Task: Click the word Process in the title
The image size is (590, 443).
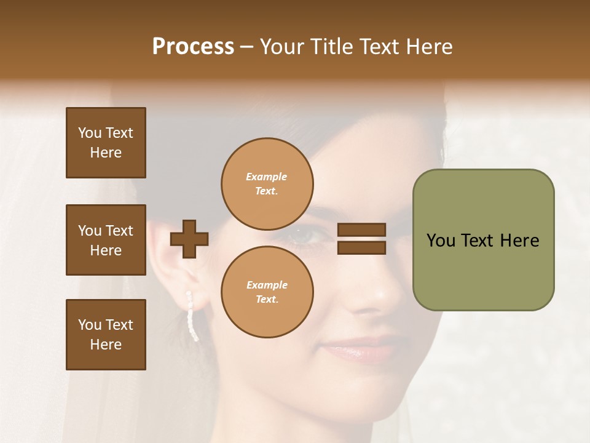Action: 193,46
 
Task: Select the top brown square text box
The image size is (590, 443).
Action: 106,143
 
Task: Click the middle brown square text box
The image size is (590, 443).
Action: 106,240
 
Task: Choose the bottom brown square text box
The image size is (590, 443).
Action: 106,334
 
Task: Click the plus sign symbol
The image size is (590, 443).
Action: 189,239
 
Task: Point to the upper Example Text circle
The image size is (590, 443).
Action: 267,183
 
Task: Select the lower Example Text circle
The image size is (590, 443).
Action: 267,292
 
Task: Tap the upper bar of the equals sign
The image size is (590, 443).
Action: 361,230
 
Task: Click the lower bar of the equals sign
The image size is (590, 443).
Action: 361,247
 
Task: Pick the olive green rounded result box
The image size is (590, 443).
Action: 483,239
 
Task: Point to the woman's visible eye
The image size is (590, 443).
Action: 307,234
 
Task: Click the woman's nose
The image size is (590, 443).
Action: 369,295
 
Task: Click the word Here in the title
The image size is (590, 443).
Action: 430,46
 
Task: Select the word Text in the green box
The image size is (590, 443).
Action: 482,240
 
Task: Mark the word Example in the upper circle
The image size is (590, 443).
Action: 266,177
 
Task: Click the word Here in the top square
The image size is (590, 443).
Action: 106,153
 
